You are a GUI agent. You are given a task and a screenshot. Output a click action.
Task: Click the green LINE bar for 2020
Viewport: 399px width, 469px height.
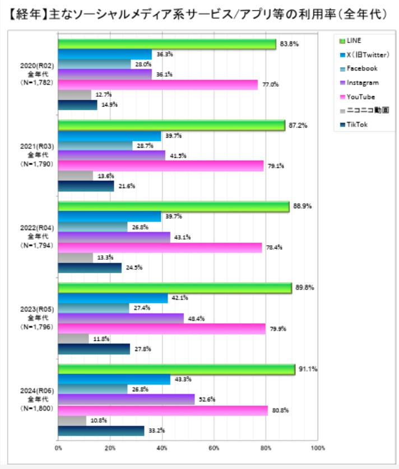[x=167, y=44]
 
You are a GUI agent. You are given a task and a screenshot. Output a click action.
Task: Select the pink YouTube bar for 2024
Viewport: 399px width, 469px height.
[x=163, y=410]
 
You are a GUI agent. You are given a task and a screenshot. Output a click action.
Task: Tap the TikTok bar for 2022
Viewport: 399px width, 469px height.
[x=90, y=268]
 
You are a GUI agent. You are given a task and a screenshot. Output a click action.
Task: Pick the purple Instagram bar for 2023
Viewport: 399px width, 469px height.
[x=121, y=318]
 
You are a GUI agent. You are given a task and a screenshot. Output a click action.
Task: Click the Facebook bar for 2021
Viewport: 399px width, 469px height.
[x=95, y=146]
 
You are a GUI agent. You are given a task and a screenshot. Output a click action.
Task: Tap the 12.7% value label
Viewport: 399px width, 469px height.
[x=103, y=94]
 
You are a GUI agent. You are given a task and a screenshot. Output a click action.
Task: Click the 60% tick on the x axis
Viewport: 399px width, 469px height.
[x=214, y=448]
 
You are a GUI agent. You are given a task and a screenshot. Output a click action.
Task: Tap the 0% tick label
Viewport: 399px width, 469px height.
[x=58, y=448]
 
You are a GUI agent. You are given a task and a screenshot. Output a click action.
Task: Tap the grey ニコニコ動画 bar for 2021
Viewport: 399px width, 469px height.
[x=76, y=176]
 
